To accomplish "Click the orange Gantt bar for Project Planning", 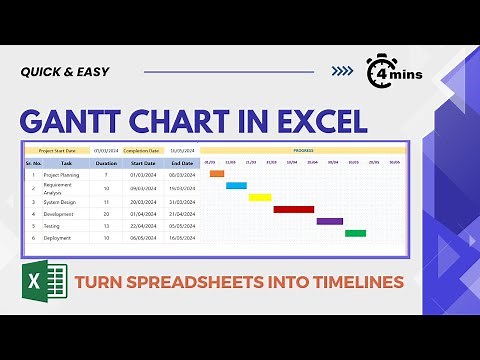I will tap(217, 174).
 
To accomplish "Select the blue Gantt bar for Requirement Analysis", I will tap(236, 185).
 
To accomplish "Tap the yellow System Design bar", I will tap(260, 197).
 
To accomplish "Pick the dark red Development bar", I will tap(294, 209).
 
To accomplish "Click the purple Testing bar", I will tap(330, 221).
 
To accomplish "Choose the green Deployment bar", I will tap(355, 233).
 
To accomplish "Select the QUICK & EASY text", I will tap(65, 71).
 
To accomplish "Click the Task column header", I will tap(66, 162).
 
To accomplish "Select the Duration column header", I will tap(106, 162).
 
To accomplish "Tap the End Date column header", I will tap(181, 162).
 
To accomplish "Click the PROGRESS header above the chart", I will tap(303, 150).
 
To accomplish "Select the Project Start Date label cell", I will tap(58, 150).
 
